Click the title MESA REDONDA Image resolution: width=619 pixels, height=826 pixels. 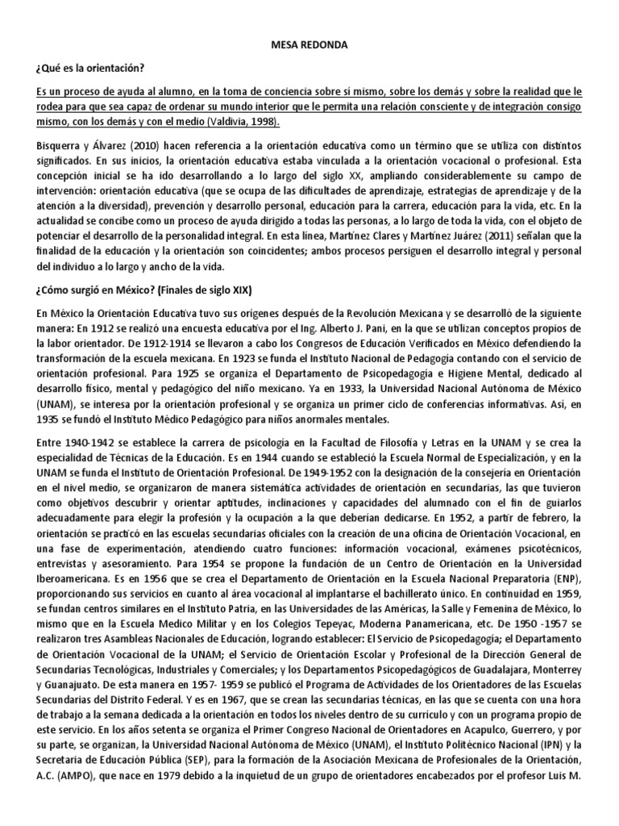pos(309,47)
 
